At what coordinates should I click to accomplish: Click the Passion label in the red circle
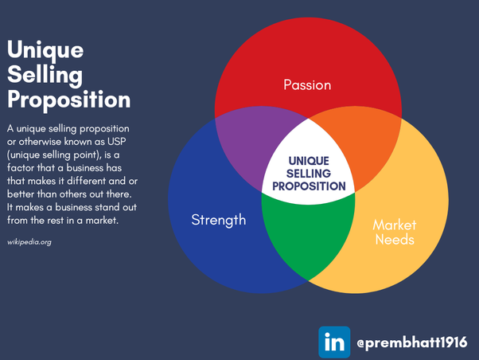(307, 85)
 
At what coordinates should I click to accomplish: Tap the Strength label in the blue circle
(219, 220)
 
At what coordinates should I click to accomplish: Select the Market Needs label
(395, 233)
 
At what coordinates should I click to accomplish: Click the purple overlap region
(254, 143)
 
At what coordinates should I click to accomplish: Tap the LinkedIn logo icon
(334, 342)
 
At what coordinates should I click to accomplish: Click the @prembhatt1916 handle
(412, 342)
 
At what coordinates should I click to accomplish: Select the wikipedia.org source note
(29, 242)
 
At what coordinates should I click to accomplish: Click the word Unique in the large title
(45, 49)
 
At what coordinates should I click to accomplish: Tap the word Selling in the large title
(45, 75)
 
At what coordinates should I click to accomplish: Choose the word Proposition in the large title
(68, 100)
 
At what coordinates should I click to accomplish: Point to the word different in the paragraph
(87, 181)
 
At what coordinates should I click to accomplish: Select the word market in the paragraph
(102, 220)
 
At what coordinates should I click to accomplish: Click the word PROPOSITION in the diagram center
(309, 186)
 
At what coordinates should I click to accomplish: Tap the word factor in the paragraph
(21, 167)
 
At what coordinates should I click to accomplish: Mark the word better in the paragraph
(21, 194)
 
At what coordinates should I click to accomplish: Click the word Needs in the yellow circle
(395, 240)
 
